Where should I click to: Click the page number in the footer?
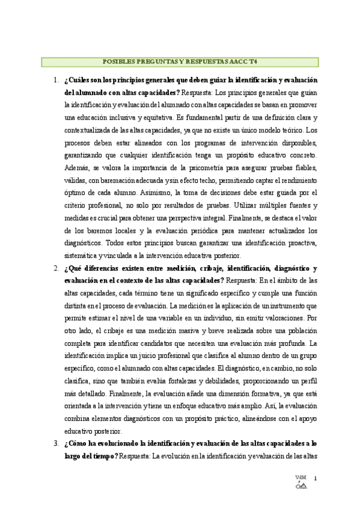pos(316,478)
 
